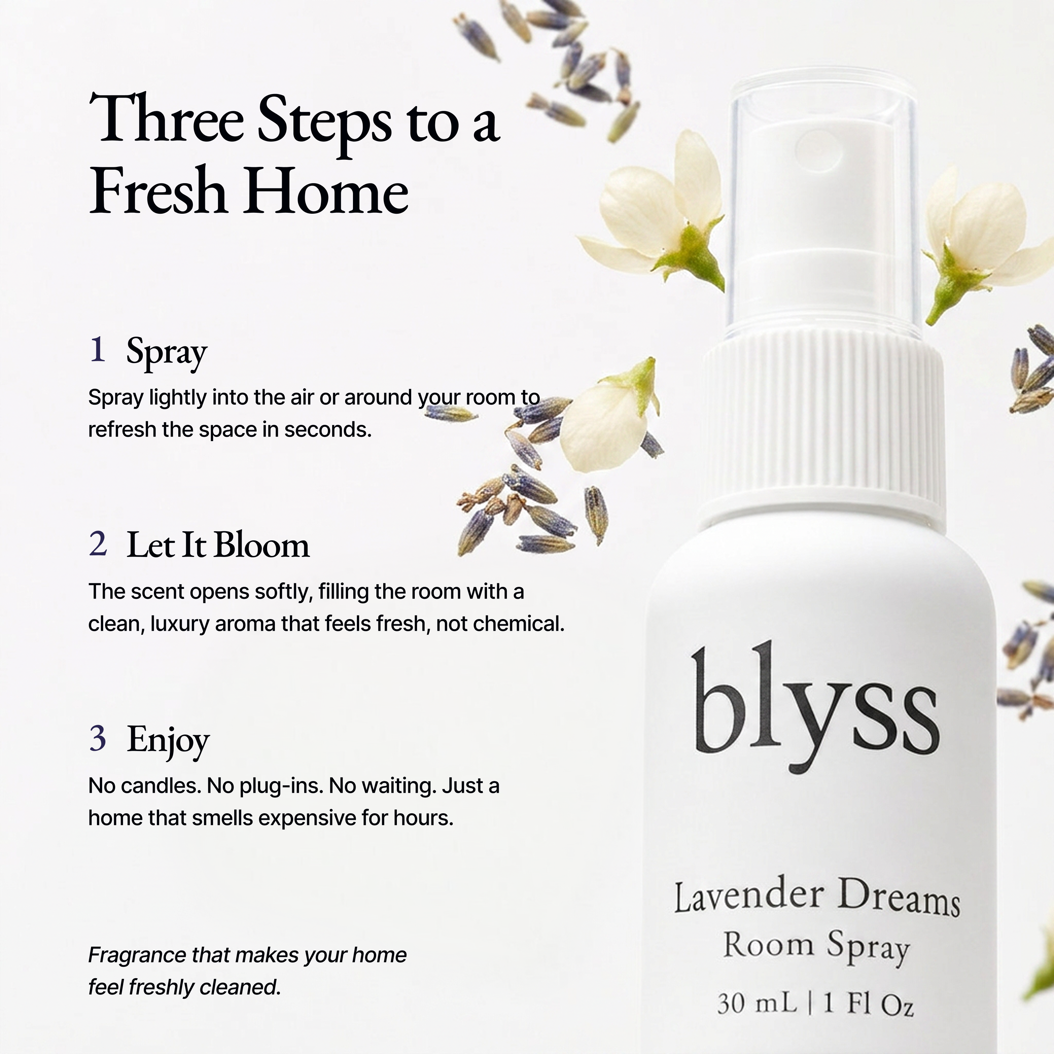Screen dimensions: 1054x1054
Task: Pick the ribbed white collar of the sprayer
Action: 824,426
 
